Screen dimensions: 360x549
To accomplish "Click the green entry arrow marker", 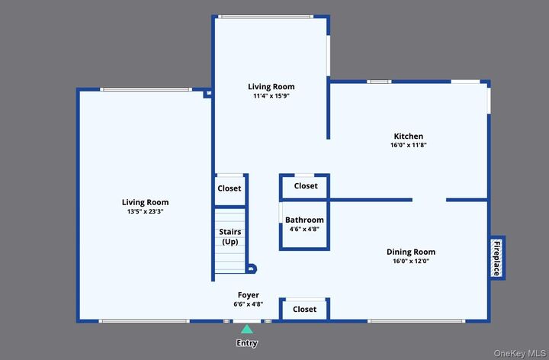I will [x=246, y=329].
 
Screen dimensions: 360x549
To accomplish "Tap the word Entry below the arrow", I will [x=246, y=343].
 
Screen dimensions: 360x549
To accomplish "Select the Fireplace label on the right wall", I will [x=496, y=258].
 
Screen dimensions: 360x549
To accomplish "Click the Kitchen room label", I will [x=408, y=137].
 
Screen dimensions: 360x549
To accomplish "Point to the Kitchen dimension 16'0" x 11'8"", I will [x=408, y=145].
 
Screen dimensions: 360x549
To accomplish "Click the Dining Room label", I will [x=410, y=252].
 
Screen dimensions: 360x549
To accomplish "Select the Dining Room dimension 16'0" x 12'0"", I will [x=410, y=261].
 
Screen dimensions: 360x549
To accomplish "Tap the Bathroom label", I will [x=304, y=220].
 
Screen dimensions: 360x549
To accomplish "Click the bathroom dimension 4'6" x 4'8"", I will [x=304, y=229].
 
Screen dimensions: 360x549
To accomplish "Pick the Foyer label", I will [x=248, y=295].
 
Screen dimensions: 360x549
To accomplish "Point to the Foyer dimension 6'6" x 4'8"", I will [x=248, y=304].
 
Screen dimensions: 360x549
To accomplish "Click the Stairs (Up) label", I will [x=230, y=236].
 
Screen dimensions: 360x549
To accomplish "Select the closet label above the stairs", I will [x=229, y=188].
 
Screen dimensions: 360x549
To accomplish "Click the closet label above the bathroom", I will [x=305, y=185].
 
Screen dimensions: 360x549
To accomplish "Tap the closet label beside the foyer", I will [x=304, y=309].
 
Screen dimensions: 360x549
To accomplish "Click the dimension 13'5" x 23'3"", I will [x=144, y=211].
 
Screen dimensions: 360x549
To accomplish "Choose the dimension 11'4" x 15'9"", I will [x=271, y=96].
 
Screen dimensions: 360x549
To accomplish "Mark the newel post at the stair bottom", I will [x=252, y=268].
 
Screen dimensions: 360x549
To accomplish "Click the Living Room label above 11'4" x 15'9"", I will [x=271, y=87].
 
